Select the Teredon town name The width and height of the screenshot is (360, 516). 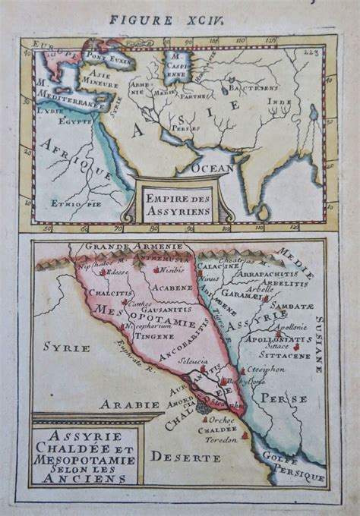coord(221,439)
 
